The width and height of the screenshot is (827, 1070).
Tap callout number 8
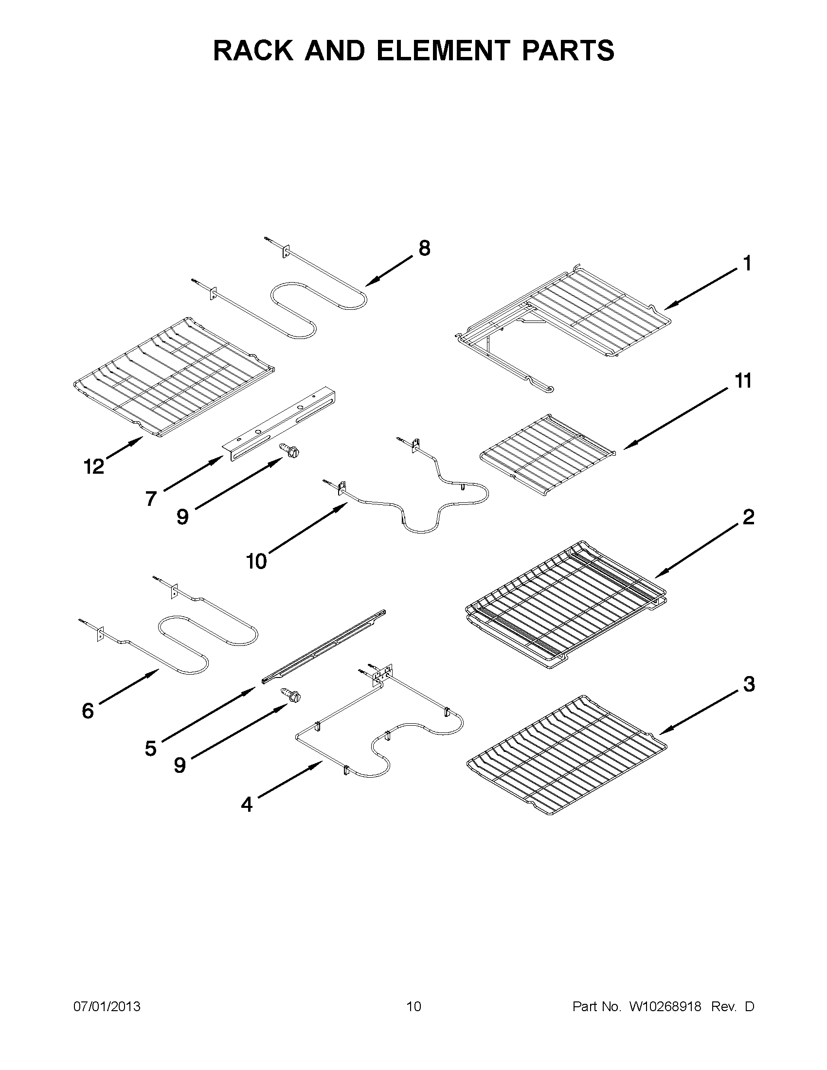pos(424,249)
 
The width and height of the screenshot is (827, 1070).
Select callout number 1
pos(747,264)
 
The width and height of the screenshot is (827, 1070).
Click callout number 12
pos(93,466)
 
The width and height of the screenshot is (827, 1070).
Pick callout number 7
pos(151,499)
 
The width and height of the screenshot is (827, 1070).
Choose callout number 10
pos(256,561)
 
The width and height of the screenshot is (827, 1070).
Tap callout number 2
pos(748,517)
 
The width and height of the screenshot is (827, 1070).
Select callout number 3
pos(749,684)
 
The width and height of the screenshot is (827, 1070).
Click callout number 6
pos(88,711)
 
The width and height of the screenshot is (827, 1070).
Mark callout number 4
pos(247,804)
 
